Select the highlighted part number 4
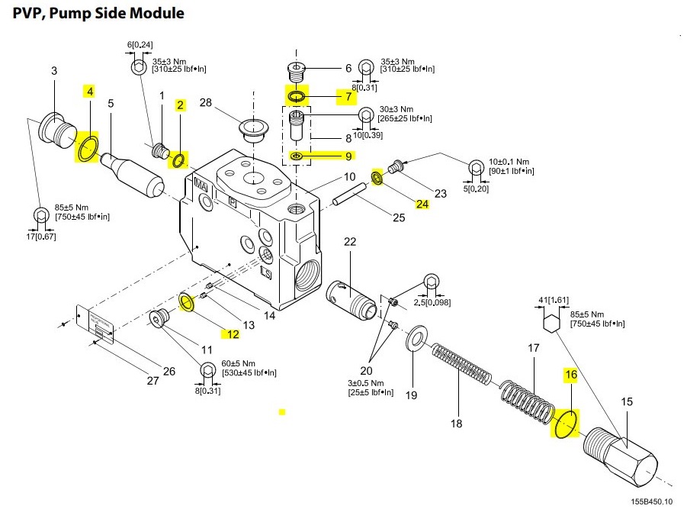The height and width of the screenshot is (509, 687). pos(89,92)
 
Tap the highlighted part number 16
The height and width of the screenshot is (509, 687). pos(570,375)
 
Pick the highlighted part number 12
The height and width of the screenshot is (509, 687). pos(232,333)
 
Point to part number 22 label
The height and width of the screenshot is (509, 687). pos(350,242)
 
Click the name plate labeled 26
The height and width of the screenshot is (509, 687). pos(96,325)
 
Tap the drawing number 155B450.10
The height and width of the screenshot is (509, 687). pos(652,501)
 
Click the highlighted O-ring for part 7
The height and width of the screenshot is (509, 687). pos(295,97)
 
